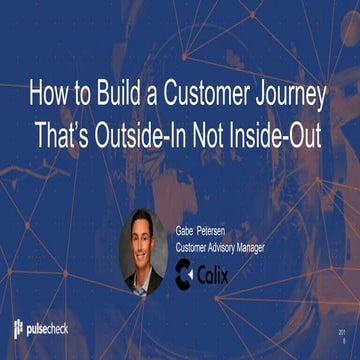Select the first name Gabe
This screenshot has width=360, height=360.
click(x=187, y=228)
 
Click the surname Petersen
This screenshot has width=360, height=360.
click(x=220, y=228)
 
